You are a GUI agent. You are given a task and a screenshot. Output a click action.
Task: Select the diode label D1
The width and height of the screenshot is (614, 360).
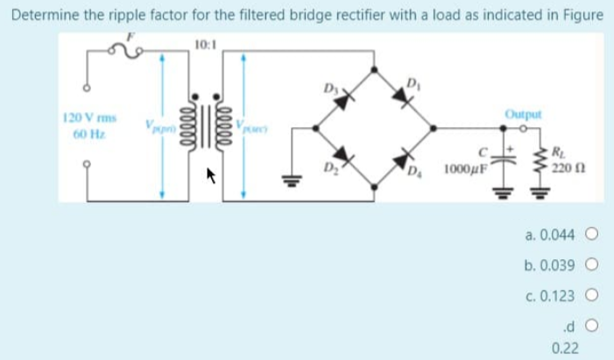(x=413, y=83)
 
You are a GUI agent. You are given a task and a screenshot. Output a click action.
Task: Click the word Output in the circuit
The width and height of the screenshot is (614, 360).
(x=523, y=114)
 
